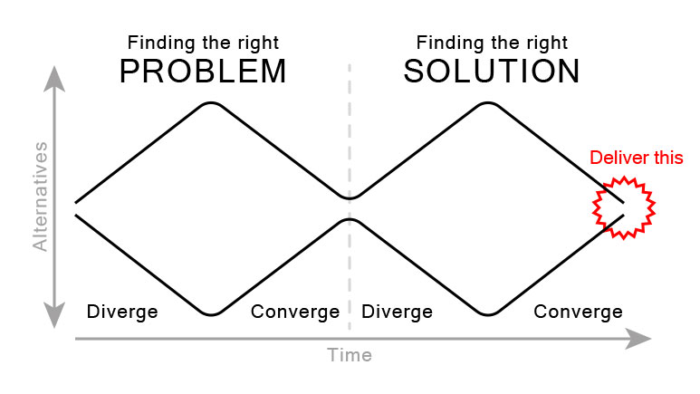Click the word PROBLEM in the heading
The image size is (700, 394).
[x=202, y=72]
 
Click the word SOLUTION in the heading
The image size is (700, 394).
[x=492, y=72]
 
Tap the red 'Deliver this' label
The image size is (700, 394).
[x=636, y=158]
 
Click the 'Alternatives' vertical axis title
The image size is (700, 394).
[x=40, y=195]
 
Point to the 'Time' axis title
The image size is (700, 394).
[x=350, y=355]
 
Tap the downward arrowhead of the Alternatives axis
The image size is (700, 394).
[x=57, y=318]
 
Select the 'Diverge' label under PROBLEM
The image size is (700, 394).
[x=122, y=312]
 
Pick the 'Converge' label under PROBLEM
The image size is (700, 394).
[x=295, y=312]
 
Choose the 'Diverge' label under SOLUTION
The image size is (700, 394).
[x=397, y=312]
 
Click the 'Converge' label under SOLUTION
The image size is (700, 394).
[x=578, y=312]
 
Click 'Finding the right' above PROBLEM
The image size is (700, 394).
[x=203, y=43]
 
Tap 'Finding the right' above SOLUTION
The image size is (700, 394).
[x=492, y=43]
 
